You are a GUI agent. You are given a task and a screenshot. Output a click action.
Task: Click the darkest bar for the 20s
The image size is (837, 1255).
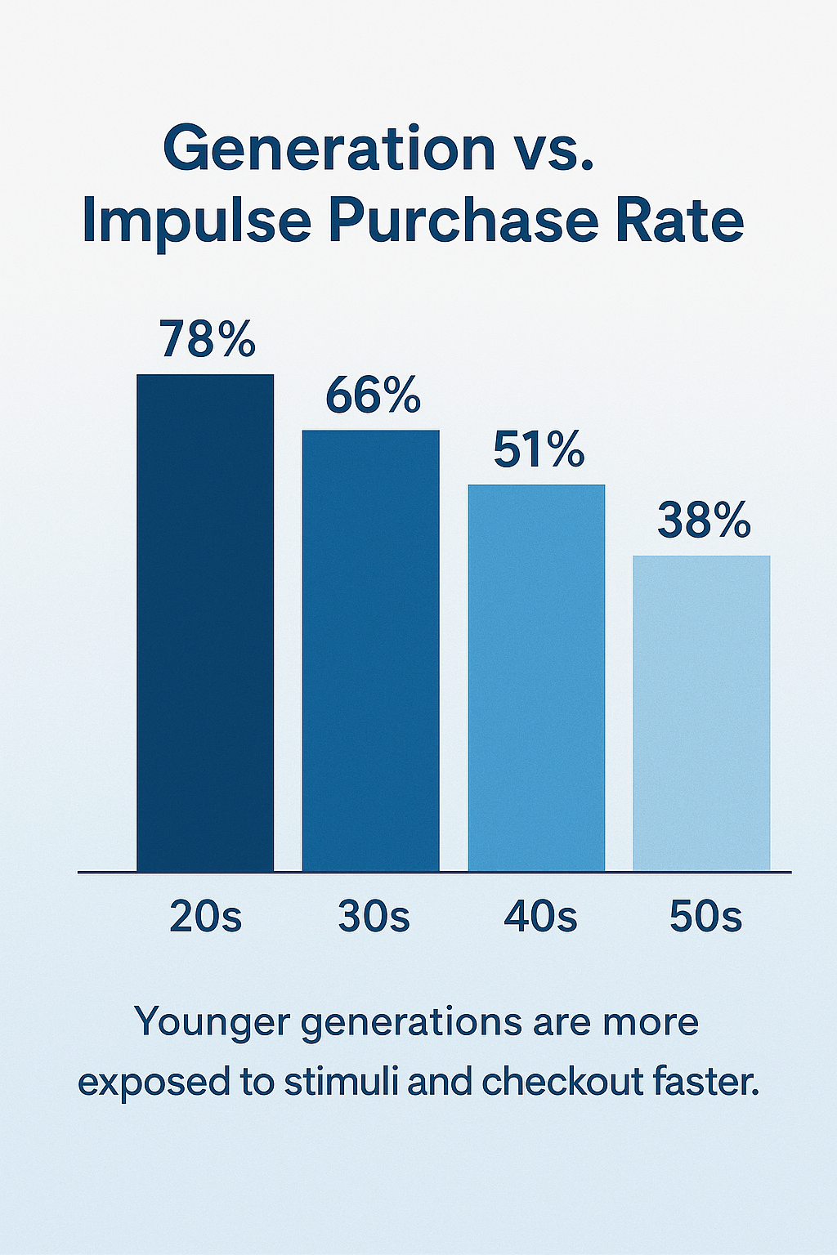[205, 623]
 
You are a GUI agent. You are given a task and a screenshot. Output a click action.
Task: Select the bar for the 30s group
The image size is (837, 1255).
[371, 650]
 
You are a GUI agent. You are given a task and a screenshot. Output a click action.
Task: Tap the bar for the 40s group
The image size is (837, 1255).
[536, 678]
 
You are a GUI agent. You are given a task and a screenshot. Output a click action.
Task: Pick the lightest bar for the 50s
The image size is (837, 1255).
[701, 713]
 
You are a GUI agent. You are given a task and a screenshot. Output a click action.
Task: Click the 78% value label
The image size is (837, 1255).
[208, 339]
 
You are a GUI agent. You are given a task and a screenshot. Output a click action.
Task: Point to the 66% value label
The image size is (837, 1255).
[373, 395]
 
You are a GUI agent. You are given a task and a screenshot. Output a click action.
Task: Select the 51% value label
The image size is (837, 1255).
[539, 450]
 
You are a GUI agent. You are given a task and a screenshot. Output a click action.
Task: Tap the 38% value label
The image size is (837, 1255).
[704, 520]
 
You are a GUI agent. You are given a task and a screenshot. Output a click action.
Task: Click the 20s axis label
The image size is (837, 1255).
[206, 917]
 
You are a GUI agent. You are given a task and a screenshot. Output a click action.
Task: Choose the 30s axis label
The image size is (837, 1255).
[374, 917]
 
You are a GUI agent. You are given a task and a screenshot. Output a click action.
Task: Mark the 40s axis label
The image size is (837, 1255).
[540, 917]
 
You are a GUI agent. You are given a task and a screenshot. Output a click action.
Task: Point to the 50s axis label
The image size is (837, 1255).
[705, 917]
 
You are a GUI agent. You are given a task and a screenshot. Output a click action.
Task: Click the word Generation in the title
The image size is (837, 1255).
[329, 149]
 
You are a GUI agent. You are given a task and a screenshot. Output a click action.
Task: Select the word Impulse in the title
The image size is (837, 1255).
[197, 221]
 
